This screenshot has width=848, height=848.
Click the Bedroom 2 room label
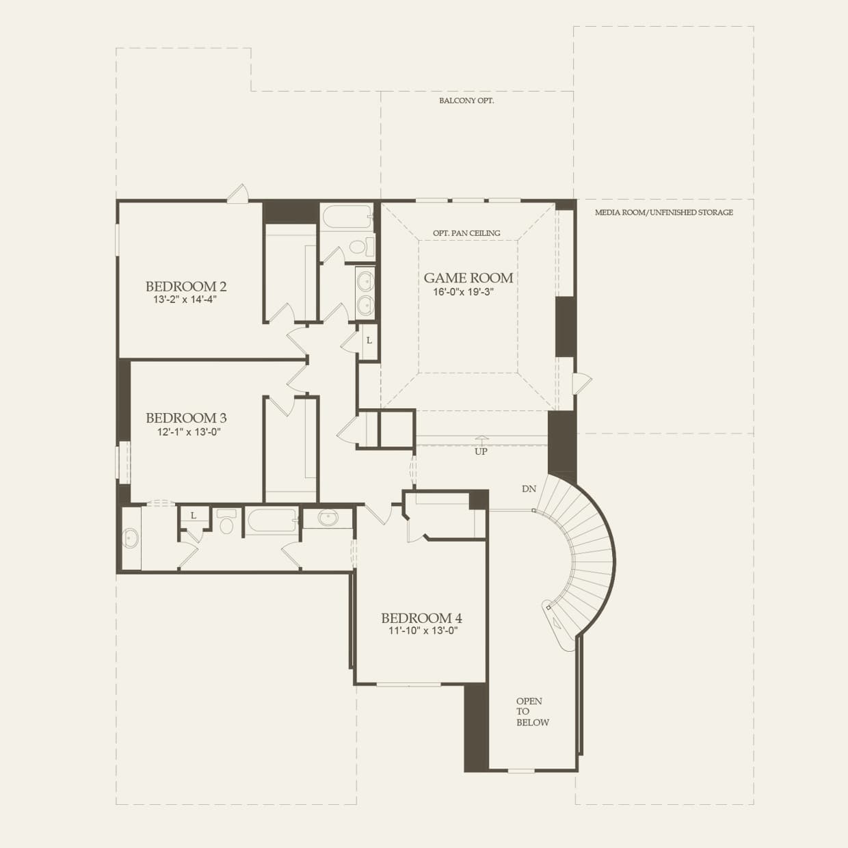[x=185, y=287]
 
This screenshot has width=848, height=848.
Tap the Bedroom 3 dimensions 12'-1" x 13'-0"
[x=185, y=432]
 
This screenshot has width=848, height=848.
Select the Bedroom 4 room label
[x=422, y=618]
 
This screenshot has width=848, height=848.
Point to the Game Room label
[x=468, y=278]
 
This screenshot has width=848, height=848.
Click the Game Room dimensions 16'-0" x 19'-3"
[x=463, y=292]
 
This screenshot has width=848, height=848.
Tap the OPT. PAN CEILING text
[x=466, y=233]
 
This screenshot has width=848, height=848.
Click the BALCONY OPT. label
[x=466, y=101]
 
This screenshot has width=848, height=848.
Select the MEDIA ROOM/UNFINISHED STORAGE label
[x=663, y=213]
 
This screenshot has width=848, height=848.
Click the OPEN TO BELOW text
[x=532, y=711]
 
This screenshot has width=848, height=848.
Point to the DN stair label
[x=529, y=489]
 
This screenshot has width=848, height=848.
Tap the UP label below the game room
[x=481, y=452]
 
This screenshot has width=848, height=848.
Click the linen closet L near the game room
[x=369, y=339]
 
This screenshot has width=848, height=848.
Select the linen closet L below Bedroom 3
[x=194, y=516]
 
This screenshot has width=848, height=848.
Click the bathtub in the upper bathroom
[x=346, y=217]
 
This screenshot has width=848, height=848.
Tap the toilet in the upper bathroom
[x=360, y=246]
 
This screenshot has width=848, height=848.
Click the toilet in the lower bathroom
[x=226, y=522]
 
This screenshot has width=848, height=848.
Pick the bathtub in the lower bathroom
[x=271, y=521]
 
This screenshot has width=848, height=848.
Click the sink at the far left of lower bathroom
[x=130, y=538]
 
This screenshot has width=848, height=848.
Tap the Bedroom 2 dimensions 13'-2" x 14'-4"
[x=185, y=300]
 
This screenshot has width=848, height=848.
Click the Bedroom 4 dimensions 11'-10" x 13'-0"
[x=423, y=631]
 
